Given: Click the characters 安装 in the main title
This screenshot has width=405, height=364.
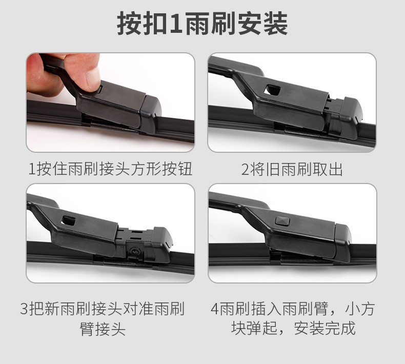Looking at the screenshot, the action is (262, 24).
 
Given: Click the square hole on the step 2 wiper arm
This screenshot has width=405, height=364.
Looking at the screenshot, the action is (273, 90).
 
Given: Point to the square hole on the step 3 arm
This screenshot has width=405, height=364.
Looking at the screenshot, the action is (69, 220).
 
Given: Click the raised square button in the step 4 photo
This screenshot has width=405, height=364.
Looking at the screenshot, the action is (282, 221).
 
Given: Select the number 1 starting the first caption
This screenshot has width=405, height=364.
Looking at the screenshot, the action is (32, 169).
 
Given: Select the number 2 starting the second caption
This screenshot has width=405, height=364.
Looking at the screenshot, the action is (245, 170).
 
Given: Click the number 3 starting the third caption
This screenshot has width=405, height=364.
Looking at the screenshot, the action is (24, 309).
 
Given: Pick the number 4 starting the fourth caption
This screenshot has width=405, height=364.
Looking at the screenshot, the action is (215, 309).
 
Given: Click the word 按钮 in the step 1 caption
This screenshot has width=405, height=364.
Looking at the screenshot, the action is (177, 169).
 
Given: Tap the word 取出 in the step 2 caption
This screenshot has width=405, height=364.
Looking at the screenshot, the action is (328, 170).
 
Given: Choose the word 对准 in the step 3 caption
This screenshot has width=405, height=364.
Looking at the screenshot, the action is (138, 309).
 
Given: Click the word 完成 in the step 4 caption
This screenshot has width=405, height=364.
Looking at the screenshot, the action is (340, 328).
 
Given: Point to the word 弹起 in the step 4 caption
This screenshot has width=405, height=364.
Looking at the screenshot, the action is (261, 328).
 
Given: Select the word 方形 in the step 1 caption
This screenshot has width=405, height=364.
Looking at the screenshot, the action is (146, 169).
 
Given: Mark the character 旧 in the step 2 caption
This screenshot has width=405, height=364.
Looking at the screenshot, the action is (273, 170).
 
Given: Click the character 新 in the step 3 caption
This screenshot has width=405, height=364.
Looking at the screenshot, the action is (52, 309).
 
